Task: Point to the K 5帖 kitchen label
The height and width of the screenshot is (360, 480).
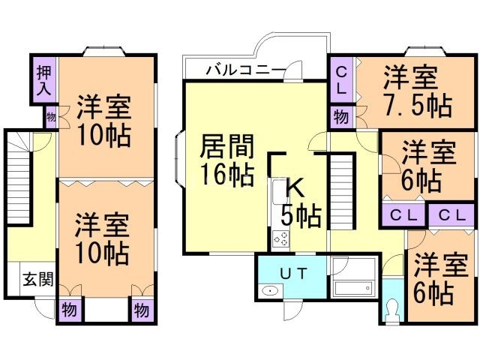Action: (300, 202)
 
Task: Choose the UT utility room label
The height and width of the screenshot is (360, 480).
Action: (292, 273)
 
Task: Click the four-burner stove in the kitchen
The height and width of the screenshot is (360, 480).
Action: (281, 239)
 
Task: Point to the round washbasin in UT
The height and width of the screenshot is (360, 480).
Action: (268, 292)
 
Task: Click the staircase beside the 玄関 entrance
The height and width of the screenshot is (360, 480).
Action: (18, 180)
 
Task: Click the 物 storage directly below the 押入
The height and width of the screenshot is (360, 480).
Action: (51, 116)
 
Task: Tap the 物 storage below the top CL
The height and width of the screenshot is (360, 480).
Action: (340, 117)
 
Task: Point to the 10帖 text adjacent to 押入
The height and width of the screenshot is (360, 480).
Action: (103, 136)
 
